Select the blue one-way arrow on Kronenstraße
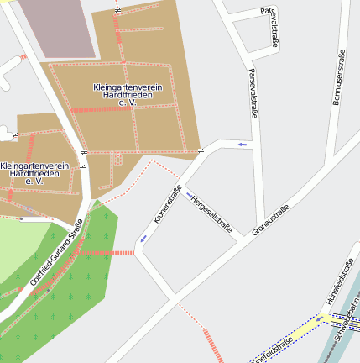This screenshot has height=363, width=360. click(143, 239)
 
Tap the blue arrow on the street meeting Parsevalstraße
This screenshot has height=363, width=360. click(243, 145)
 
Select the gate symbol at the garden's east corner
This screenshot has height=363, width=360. click(201, 150)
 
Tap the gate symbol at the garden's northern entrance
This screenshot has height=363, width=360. click(117, 11)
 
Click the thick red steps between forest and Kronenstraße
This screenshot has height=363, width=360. click(123, 252)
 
